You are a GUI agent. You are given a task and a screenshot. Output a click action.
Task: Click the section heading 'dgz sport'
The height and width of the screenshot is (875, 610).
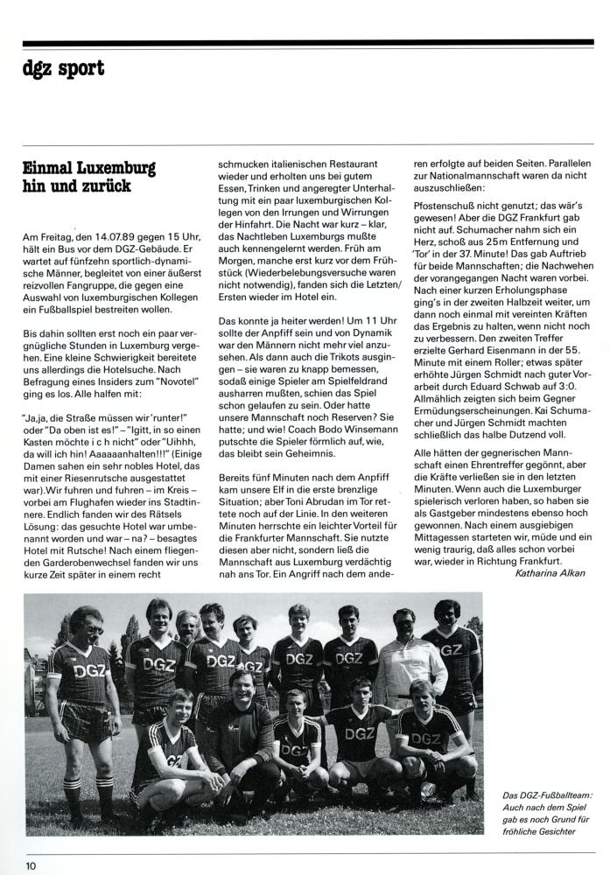click(65, 67)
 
